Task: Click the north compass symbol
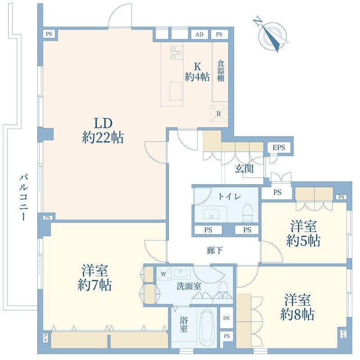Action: pos(272,36)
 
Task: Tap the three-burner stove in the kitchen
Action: pos(176,53)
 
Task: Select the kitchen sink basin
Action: pos(175,91)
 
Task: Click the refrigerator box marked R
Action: pos(219,113)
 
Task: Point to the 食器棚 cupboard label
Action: pos(220,71)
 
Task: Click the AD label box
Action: pos(199,35)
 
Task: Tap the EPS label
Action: pos(279,148)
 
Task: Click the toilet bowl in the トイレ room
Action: pos(247,213)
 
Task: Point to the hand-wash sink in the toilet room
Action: pos(211,214)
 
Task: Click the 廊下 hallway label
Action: pos(215,250)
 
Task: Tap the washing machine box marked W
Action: pos(163,274)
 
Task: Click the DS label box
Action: pos(226,318)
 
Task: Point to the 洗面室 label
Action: pos(189,286)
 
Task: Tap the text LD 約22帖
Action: pos(103,130)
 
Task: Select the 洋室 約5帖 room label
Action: pos(303,233)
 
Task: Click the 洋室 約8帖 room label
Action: pos(297,307)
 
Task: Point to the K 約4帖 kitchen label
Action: pos(197,72)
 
